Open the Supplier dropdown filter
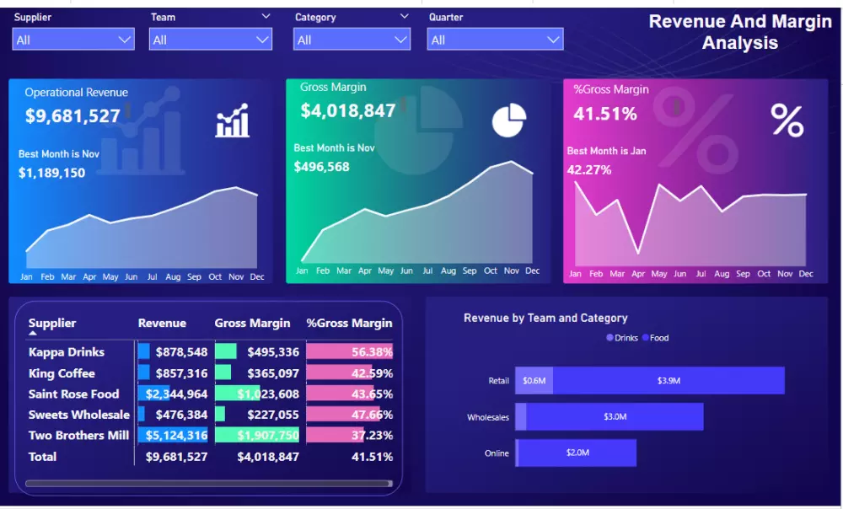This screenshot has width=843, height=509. [x=73, y=40]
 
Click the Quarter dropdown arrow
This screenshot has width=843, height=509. [x=553, y=40]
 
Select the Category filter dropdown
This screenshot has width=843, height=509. [x=352, y=40]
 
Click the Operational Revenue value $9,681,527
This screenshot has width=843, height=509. [x=72, y=116]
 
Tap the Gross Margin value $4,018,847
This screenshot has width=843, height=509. [x=347, y=111]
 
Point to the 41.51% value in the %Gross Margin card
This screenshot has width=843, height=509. [x=605, y=114]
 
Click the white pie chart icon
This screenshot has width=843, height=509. [x=509, y=121]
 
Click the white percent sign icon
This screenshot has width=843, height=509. [x=787, y=121]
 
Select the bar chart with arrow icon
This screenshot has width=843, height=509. [x=232, y=121]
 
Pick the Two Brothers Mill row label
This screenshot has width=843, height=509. [x=78, y=436]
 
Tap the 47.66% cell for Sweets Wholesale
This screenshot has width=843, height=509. [x=372, y=415]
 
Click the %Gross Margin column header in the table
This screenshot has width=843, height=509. [x=349, y=323]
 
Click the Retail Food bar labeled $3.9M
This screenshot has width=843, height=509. [x=668, y=381]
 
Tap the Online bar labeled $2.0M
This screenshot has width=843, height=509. [x=577, y=453]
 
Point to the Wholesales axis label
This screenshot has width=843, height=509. [x=488, y=417]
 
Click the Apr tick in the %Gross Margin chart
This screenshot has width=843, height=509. [x=638, y=274]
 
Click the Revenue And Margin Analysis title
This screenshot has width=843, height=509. [x=739, y=32]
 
